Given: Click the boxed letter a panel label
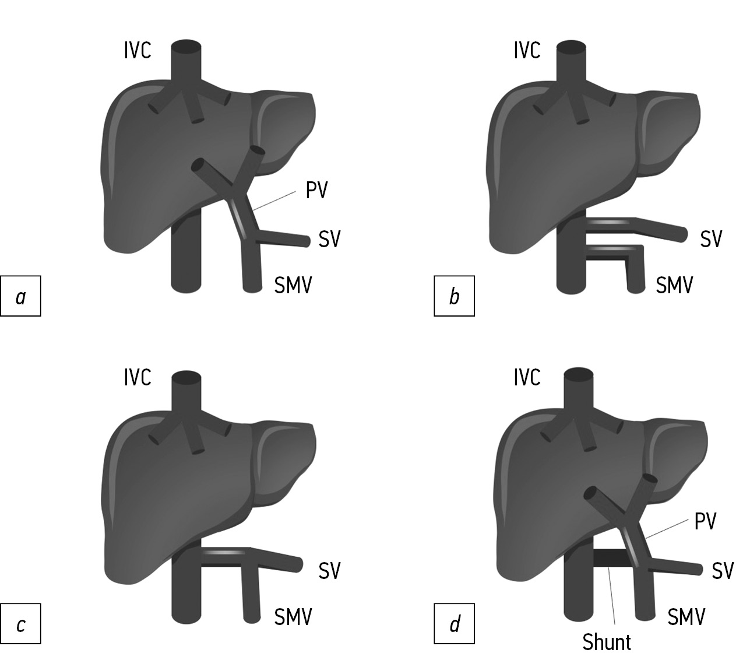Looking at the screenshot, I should click(x=20, y=297).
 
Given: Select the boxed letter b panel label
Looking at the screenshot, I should click(x=454, y=297).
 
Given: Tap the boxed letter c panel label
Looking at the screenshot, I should click(x=20, y=625).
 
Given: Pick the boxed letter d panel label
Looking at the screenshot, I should click(x=454, y=625).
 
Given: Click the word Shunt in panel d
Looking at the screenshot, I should click(x=607, y=641).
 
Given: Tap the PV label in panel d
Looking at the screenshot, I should click(x=705, y=521).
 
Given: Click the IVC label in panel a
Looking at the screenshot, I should click(x=138, y=50).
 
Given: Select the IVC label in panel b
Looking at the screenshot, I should click(x=527, y=50).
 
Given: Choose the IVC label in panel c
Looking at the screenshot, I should click(x=138, y=378).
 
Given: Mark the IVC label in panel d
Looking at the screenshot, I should click(x=527, y=378).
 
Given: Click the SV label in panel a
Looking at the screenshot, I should click(x=329, y=239).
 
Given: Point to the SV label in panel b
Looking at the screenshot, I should click(x=711, y=239).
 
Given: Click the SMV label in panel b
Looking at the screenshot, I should click(x=674, y=285).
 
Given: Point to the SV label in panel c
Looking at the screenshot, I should click(x=329, y=570).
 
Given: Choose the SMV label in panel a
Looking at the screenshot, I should click(x=293, y=285).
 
